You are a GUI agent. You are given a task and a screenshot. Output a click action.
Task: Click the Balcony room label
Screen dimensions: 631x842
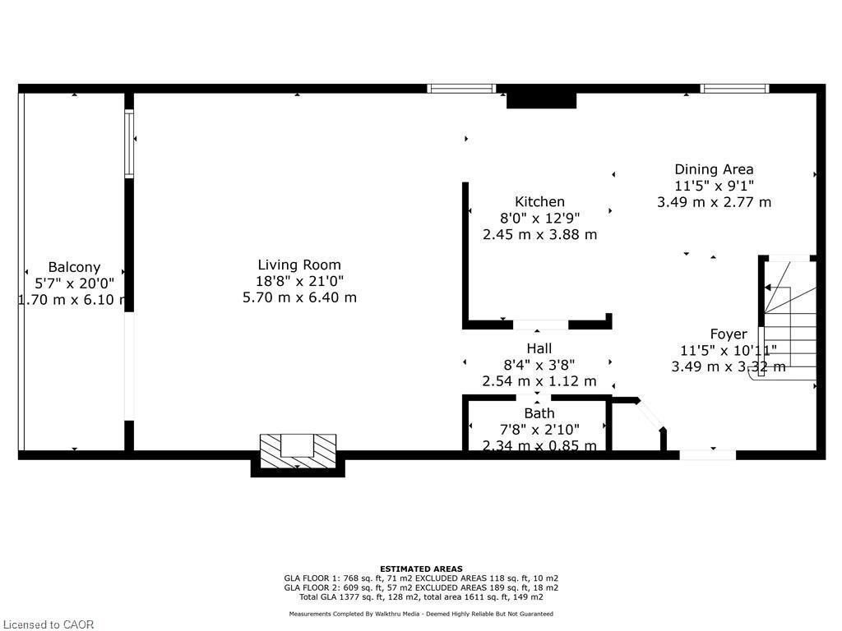click(x=74, y=267)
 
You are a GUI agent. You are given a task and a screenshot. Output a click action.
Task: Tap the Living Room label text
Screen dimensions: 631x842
click(x=299, y=265)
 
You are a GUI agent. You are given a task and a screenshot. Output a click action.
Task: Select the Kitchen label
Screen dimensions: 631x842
click(x=539, y=201)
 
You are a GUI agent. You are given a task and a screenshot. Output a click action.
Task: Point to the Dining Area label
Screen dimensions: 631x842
click(x=714, y=169)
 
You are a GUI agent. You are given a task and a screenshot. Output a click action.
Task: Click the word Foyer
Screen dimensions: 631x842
click(x=729, y=334)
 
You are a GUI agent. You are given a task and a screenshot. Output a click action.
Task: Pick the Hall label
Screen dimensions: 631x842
click(x=539, y=348)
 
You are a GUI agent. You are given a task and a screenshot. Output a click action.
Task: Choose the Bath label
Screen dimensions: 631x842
click(x=539, y=413)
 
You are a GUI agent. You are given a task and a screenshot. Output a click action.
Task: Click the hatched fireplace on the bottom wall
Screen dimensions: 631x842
click(x=298, y=450)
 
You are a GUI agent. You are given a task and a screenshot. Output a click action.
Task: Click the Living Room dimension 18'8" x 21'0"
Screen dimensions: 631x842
click(x=299, y=281)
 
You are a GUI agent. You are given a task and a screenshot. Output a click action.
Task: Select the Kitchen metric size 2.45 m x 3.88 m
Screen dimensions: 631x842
click(x=539, y=234)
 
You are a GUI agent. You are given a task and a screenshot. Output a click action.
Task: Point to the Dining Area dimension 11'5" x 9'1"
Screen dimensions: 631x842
click(x=714, y=186)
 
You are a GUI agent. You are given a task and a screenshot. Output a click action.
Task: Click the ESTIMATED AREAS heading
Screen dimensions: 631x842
click(x=421, y=569)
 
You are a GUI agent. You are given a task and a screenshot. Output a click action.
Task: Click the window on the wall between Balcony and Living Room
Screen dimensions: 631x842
click(x=129, y=144)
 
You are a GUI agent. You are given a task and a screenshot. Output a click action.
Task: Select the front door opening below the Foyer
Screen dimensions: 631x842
click(x=707, y=454)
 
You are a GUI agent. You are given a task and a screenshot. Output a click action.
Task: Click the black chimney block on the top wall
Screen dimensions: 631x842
click(x=541, y=99)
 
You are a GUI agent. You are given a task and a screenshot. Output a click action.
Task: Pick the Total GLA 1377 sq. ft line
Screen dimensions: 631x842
click(x=421, y=597)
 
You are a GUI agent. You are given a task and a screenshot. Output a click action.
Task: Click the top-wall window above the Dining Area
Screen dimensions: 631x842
click(x=734, y=88)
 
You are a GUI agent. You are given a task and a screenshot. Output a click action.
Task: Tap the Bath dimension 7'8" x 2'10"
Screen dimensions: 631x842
click(x=539, y=430)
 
